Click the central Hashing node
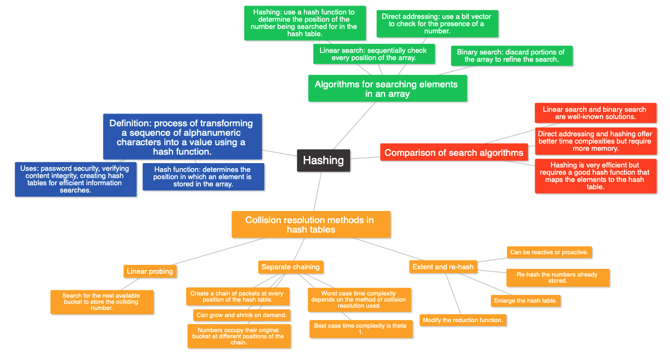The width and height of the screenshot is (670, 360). click(323, 160)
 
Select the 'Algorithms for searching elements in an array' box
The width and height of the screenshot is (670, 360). click(387, 88)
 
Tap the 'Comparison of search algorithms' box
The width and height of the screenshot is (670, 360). click(454, 152)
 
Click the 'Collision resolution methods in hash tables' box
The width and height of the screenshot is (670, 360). click(311, 224)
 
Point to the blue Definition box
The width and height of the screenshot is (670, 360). click(182, 137)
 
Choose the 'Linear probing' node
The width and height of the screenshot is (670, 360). click(150, 272)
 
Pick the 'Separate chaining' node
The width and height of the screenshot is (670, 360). click(290, 267)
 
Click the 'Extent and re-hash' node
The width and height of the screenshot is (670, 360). click(443, 267)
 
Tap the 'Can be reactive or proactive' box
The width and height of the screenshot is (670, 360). click(549, 252)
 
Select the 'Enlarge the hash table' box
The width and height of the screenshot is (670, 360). click(525, 300)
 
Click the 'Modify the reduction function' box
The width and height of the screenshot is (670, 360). click(463, 320)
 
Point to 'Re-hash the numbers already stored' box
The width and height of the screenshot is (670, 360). click(557, 278)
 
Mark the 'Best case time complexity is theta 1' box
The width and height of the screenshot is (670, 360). click(361, 329)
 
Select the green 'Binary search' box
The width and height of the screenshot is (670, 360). click(511, 56)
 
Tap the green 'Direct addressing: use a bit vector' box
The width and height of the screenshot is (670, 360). click(436, 24)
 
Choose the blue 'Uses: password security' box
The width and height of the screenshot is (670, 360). click(75, 179)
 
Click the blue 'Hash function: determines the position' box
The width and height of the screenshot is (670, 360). click(203, 176)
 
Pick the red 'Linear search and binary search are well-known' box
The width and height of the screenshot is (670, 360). click(594, 113)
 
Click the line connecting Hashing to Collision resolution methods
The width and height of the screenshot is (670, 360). click(318, 190)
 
